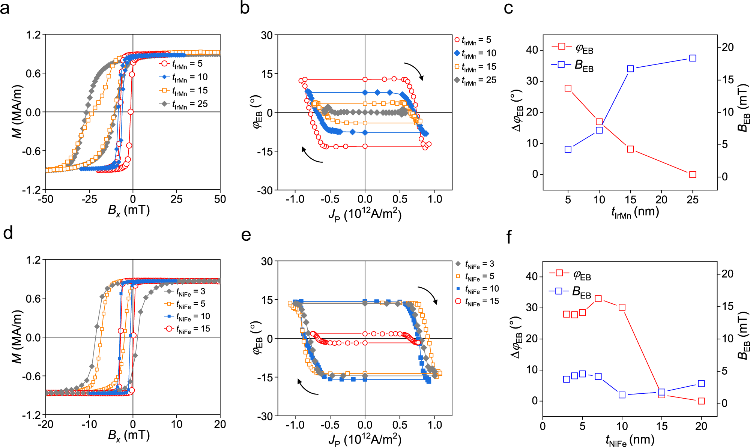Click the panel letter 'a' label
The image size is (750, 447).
point(5,8)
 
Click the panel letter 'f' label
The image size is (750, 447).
point(509,237)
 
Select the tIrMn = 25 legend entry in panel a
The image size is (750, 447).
point(184,104)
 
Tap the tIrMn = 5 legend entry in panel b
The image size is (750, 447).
point(473,40)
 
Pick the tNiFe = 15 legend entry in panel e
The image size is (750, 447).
point(476,301)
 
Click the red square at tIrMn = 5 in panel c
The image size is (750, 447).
point(568,88)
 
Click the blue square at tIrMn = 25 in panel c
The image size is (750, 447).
point(693,58)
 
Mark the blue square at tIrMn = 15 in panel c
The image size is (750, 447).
point(630,69)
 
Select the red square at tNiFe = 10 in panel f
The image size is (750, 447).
point(622,307)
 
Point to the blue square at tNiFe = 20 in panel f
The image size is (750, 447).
point(701,383)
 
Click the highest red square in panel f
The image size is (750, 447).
point(598,299)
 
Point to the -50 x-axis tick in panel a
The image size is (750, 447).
point(45,199)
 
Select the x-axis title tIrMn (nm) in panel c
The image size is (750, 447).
point(635,212)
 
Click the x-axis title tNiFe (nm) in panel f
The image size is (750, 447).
point(630,440)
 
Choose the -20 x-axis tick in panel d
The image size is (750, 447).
point(45,424)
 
